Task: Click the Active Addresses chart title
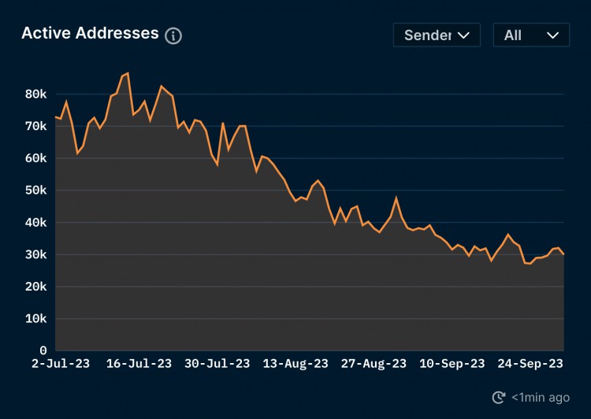coord(90,33)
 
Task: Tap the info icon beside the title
coord(173,35)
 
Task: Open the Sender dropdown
coord(437,35)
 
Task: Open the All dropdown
coord(531,35)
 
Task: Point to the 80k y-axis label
coord(36,94)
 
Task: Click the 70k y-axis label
coord(36,126)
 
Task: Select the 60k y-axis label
coord(36,158)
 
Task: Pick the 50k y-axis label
coord(36,191)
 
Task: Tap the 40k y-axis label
coord(36,223)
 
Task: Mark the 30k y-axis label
coord(36,255)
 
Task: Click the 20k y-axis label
coord(36,287)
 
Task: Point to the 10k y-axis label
coord(36,319)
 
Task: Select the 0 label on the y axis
coord(43,350)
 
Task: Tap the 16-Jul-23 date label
coord(139,363)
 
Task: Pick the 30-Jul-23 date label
coord(217,363)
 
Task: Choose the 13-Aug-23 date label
coord(296,363)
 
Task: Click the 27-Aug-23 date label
coord(374,363)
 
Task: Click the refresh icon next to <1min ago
coord(498,398)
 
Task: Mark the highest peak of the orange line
coord(128,73)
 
